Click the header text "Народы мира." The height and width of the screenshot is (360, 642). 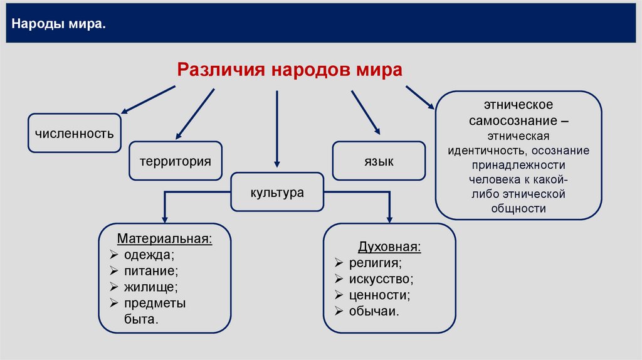(x=58, y=24)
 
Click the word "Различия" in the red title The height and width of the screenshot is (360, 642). (x=221, y=70)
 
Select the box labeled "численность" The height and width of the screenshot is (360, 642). (x=75, y=133)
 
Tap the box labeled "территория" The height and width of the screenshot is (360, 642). (x=176, y=161)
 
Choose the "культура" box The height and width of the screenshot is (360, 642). (x=277, y=192)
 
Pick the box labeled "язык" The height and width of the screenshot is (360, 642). (x=379, y=161)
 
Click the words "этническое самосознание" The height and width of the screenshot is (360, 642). (x=518, y=113)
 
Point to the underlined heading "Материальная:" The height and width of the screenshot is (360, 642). (x=165, y=238)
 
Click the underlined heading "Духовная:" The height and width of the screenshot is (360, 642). (x=389, y=246)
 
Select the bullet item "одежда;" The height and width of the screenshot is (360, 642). (x=149, y=255)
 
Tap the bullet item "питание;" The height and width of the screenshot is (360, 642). (x=151, y=271)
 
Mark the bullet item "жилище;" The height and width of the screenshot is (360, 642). (x=150, y=287)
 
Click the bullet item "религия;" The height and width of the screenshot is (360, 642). (x=376, y=263)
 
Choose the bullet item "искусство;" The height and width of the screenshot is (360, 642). (x=381, y=279)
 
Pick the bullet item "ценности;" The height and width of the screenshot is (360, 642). (x=379, y=295)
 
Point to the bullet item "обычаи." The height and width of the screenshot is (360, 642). (x=374, y=311)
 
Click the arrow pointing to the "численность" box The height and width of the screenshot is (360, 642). (x=148, y=100)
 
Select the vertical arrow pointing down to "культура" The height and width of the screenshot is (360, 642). (x=276, y=129)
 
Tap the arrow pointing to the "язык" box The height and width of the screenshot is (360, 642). (x=366, y=113)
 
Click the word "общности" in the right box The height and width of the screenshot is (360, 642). (x=518, y=209)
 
